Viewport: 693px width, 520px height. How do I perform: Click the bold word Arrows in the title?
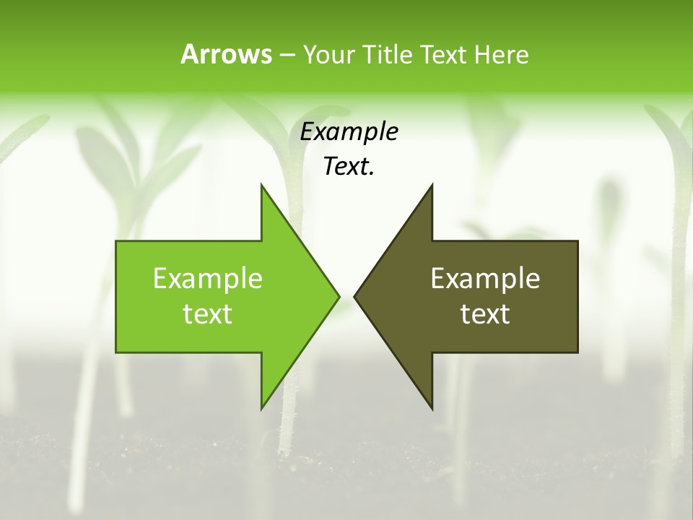(x=225, y=54)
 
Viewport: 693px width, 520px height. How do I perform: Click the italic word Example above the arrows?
(x=349, y=132)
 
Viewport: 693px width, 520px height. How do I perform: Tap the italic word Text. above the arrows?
(x=349, y=167)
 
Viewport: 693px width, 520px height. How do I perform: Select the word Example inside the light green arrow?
(x=208, y=279)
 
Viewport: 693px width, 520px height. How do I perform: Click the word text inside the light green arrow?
(x=208, y=314)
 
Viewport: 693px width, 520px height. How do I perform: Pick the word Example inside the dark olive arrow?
(x=485, y=279)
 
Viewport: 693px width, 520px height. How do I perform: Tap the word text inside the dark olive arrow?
(x=485, y=314)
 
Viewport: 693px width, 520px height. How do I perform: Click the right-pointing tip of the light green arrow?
(x=339, y=296)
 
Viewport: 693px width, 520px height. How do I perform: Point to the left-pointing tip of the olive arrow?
(x=354, y=296)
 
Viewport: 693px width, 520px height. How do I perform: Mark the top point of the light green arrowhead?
(x=261, y=184)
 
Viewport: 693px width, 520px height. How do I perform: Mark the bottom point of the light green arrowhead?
(x=261, y=409)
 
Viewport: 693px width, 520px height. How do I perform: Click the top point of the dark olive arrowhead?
(x=432, y=184)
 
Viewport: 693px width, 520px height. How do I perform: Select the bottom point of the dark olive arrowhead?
(x=432, y=409)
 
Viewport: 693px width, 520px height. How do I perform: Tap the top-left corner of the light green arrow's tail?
(x=116, y=241)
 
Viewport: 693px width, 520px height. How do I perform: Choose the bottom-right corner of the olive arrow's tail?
(x=577, y=352)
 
